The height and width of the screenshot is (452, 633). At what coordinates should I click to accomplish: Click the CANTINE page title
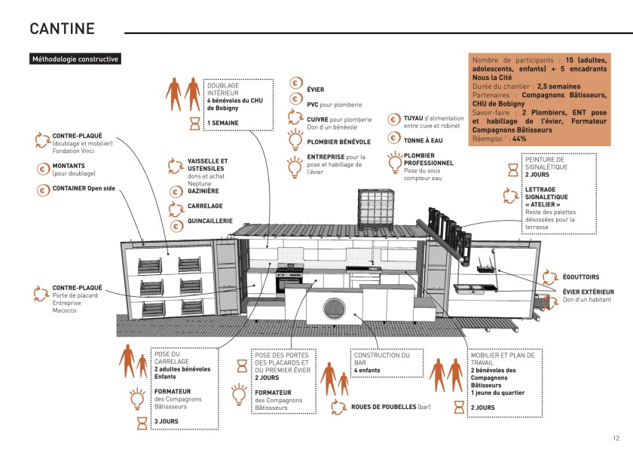tap(62, 29)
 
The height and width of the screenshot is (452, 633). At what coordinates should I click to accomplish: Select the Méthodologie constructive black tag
tap(75, 59)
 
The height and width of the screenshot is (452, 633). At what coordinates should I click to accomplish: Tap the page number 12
tap(616, 438)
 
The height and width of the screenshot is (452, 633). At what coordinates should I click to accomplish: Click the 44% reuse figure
tap(520, 139)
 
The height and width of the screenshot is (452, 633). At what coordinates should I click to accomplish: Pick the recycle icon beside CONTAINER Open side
tap(41, 188)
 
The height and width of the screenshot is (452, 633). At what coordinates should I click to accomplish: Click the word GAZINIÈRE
tap(203, 191)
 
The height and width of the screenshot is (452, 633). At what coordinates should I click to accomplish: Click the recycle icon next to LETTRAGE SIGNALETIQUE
tap(510, 195)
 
